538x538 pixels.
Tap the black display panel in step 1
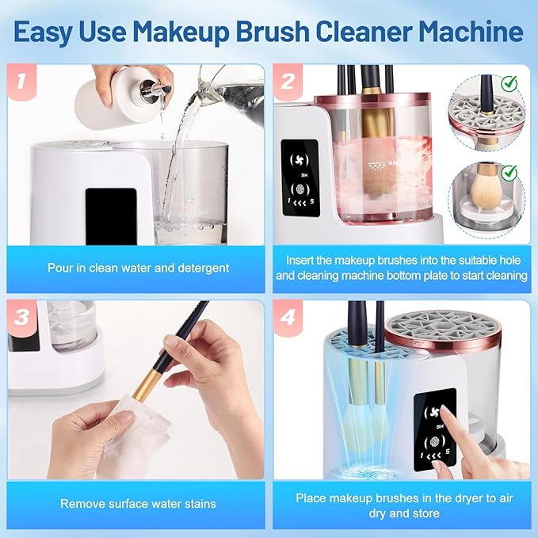point(111,213)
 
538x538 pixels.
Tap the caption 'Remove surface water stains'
point(139,504)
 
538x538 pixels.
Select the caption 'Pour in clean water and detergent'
point(139,268)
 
